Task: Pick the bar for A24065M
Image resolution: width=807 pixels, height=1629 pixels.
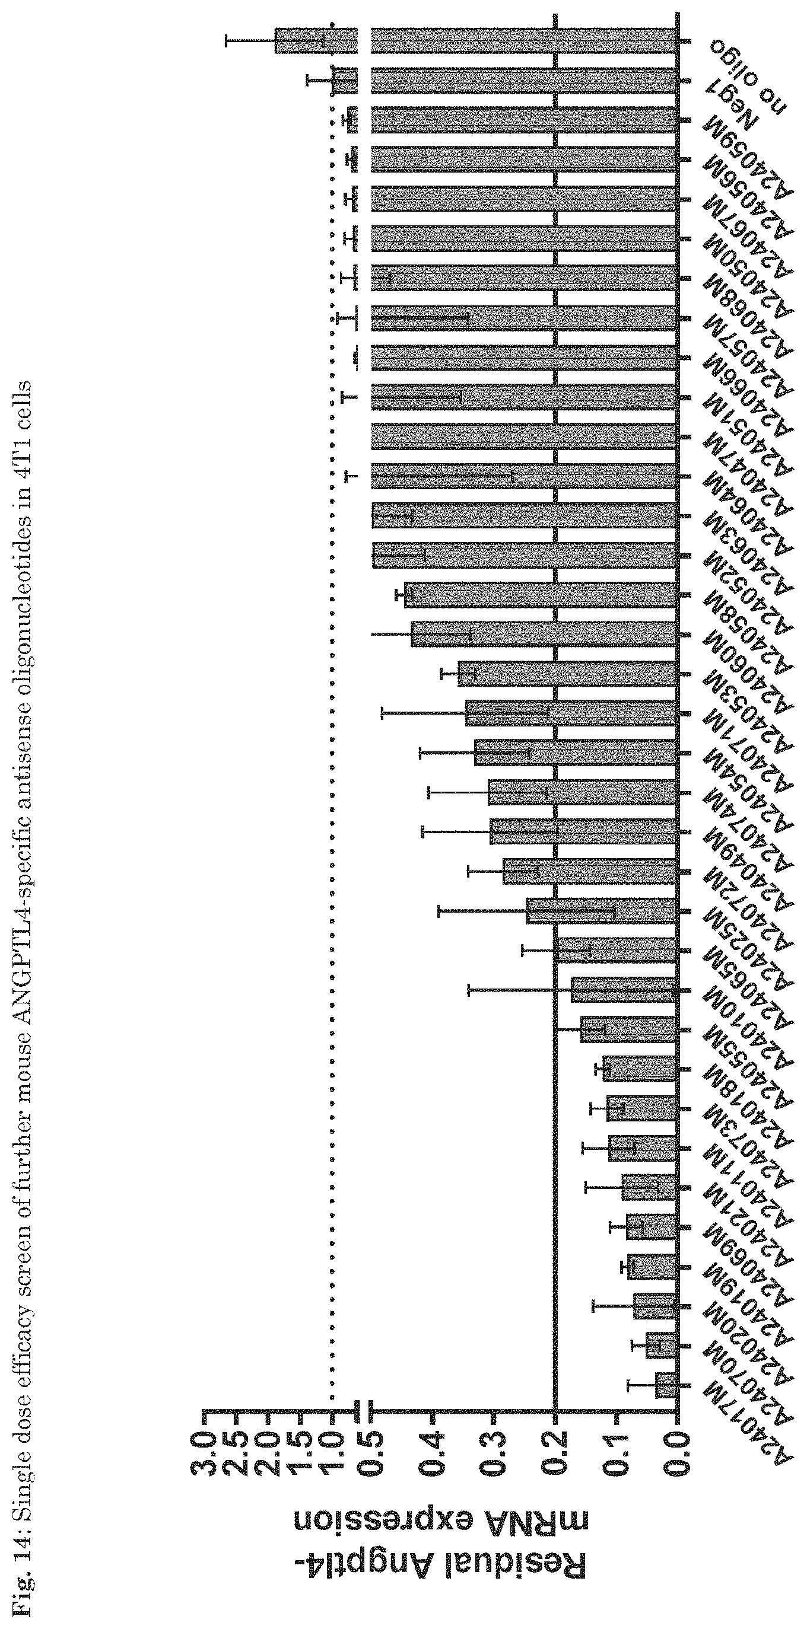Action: [x=617, y=951]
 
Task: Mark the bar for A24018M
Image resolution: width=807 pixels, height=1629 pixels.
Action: [x=640, y=1069]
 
